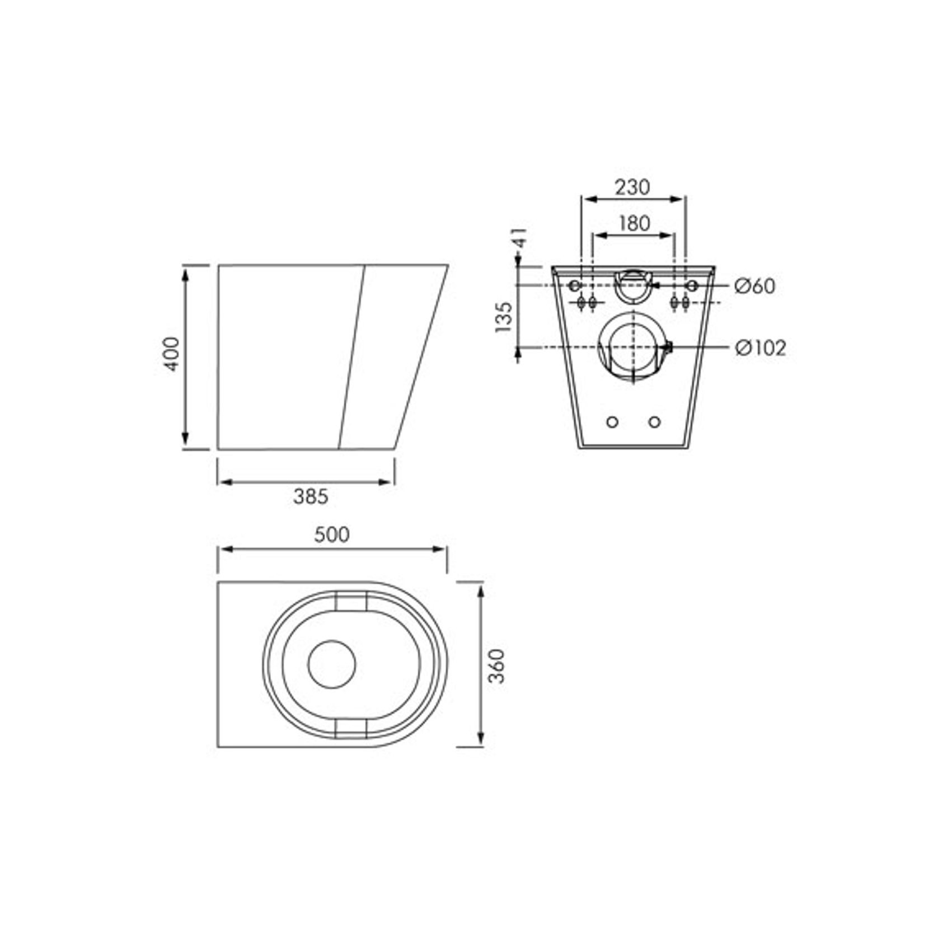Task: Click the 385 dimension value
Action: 311,496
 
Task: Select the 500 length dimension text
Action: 331,534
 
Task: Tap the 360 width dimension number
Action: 497,665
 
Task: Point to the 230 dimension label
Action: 632,187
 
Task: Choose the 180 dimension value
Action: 634,223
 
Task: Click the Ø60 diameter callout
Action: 755,286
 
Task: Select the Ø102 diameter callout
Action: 760,348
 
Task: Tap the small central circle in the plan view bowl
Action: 332,664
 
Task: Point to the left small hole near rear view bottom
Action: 612,422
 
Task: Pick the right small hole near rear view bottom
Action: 655,422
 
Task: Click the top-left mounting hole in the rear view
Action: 574,286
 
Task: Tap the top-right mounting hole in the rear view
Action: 692,286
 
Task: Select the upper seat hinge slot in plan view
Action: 351,601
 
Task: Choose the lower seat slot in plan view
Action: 351,726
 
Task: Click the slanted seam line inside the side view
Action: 352,357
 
